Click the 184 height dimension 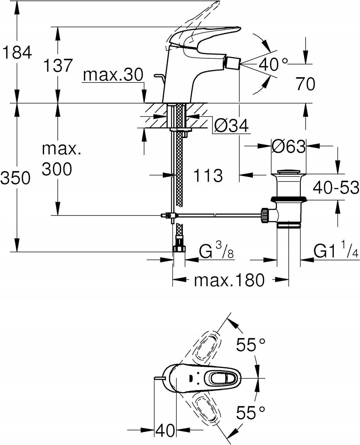point(17,53)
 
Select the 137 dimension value point(58,65)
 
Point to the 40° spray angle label point(273,64)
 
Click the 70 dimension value point(305,84)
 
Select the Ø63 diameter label point(289,146)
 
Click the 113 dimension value point(208,175)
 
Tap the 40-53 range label point(336,187)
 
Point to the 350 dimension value point(15,178)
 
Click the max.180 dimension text point(229,280)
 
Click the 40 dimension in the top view point(165,430)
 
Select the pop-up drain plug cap point(289,171)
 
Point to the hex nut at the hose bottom point(179,248)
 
